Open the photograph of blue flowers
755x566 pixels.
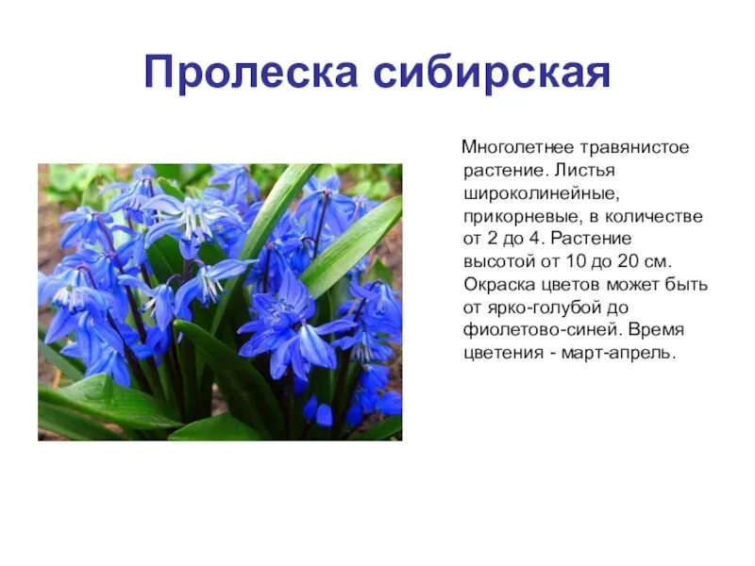pos(220,302)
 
